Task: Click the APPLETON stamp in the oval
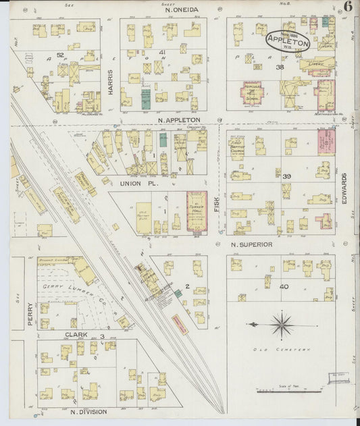pyautogui.click(x=288, y=41)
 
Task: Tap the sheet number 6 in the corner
pyautogui.click(x=348, y=7)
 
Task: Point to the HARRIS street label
pyautogui.click(x=109, y=81)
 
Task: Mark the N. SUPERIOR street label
pyautogui.click(x=251, y=244)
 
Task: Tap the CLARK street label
pyautogui.click(x=76, y=334)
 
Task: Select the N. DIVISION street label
pyautogui.click(x=88, y=410)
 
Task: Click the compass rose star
pyautogui.click(x=281, y=325)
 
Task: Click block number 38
pyautogui.click(x=279, y=68)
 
